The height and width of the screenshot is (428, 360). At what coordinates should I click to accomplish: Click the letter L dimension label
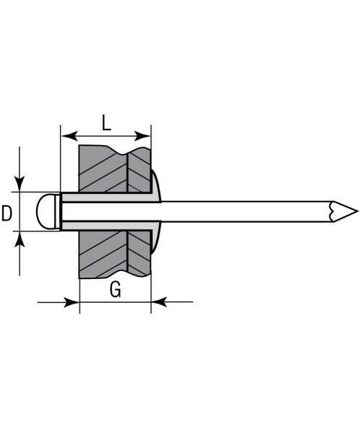[x=106, y=123]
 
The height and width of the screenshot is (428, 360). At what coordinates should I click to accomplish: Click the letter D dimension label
[x=7, y=213]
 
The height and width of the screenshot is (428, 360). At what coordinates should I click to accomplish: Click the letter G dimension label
[x=116, y=289]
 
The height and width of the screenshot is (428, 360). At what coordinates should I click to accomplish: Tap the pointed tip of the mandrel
[x=357, y=211]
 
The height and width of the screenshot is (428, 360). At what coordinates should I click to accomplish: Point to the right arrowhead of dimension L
[x=142, y=136]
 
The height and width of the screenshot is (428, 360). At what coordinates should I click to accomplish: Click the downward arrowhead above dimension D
[x=20, y=184]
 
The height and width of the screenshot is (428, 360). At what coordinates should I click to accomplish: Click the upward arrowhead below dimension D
[x=20, y=239]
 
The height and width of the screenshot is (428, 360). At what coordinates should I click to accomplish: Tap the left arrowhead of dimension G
[x=72, y=302]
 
